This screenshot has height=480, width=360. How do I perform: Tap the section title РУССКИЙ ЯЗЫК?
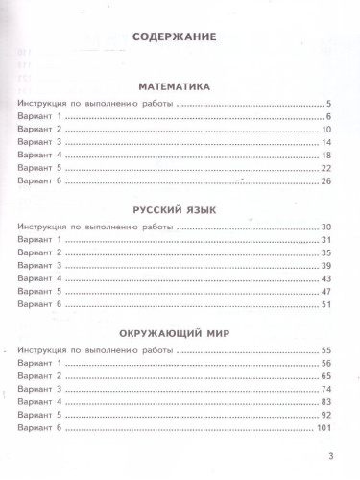point(176,206)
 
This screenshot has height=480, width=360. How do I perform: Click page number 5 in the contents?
point(327,103)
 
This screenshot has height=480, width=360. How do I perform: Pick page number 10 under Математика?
point(325,129)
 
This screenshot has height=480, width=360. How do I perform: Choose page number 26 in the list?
point(325,180)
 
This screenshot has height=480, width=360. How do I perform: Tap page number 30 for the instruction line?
point(325,226)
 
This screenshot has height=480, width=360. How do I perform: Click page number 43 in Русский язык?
point(325,277)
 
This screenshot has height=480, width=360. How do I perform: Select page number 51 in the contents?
point(325,303)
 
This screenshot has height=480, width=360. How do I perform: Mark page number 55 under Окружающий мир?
point(325,351)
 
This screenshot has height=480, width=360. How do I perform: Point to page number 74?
point(325,390)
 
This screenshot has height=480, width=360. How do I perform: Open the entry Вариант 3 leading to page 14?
point(39,142)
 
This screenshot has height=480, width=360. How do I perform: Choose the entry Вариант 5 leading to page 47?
point(39,290)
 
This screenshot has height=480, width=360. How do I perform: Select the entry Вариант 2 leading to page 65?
point(39,377)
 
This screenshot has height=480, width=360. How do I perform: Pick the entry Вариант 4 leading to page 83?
point(39,403)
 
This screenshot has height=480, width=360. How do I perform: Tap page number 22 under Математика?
point(325,168)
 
